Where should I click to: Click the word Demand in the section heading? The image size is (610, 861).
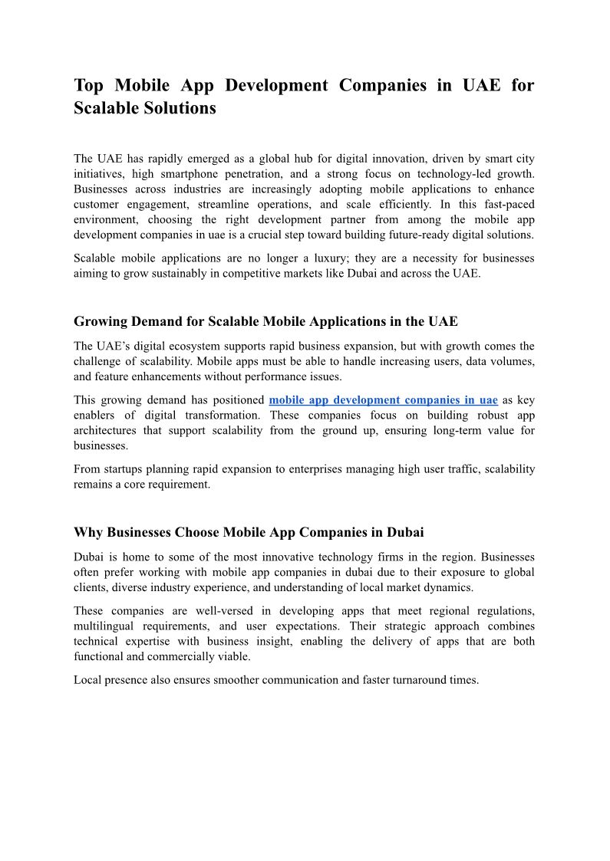(x=154, y=321)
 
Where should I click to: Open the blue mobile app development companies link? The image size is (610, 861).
(x=383, y=400)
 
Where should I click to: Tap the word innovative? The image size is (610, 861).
(x=287, y=557)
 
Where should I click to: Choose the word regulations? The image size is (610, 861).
(x=501, y=611)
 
